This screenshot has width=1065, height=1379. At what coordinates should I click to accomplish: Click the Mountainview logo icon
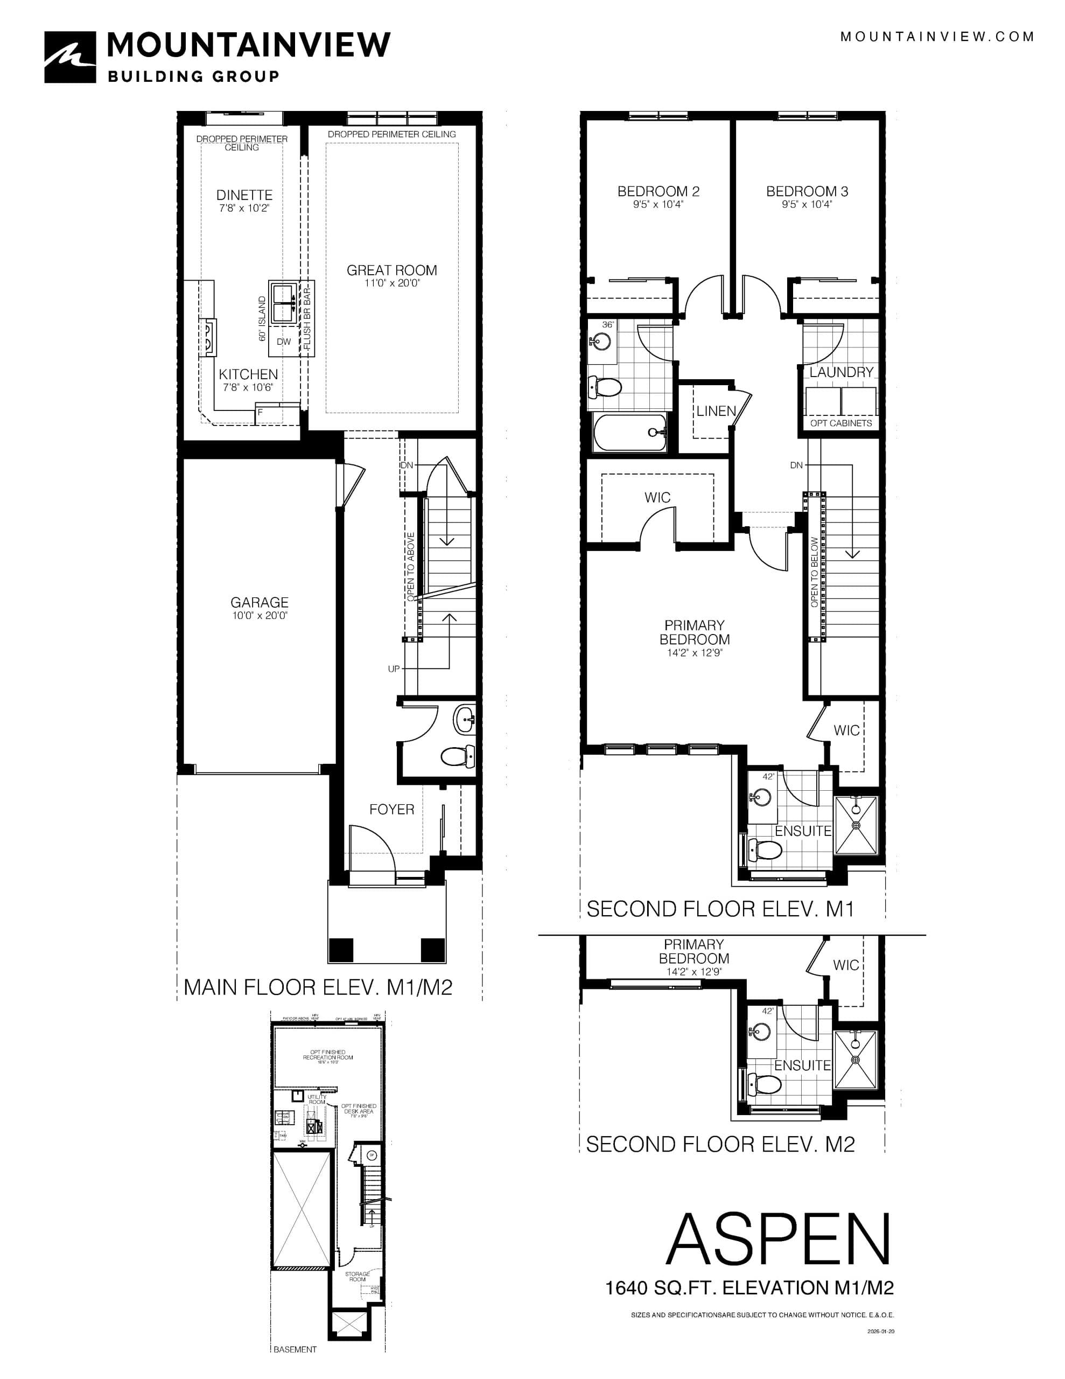[70, 58]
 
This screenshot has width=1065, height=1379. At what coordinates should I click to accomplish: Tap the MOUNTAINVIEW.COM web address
[937, 37]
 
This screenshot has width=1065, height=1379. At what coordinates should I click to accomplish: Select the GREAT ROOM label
[391, 270]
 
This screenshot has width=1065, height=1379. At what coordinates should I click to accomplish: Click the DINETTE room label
[244, 195]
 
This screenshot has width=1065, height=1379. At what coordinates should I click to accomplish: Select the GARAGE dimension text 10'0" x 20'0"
[260, 616]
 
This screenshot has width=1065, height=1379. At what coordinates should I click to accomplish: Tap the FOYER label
[391, 809]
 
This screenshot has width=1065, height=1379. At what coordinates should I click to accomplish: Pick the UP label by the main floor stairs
[393, 668]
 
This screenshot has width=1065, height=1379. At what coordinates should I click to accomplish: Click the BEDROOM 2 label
[658, 191]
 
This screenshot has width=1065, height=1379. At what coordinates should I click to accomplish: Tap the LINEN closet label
[716, 411]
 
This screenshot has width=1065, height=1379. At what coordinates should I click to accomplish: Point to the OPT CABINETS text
[841, 423]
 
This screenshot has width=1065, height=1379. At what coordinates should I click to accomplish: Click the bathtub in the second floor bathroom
[629, 433]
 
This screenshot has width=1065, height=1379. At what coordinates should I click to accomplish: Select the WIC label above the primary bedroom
[657, 498]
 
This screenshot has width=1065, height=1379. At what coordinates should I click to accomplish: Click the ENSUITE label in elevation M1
[802, 831]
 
